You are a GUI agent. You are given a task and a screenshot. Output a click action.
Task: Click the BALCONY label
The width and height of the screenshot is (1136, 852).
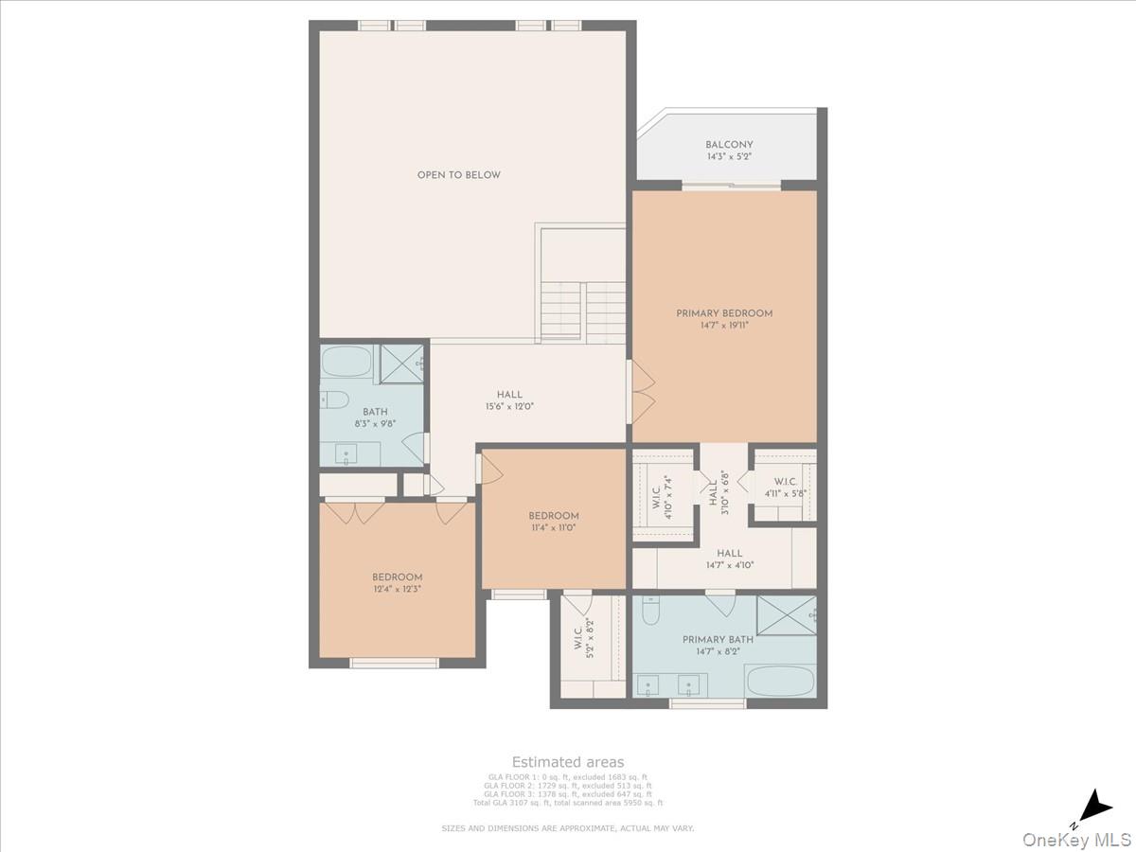tap(729, 145)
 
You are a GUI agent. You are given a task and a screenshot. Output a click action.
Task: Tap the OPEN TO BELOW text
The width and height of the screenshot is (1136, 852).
tap(459, 175)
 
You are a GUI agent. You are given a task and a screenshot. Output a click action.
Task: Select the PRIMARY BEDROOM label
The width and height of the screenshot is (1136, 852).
tap(724, 313)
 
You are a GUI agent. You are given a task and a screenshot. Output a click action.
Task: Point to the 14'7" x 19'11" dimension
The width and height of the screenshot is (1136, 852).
tap(724, 326)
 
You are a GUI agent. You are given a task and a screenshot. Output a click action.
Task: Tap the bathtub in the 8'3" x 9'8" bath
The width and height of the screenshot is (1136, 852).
tap(346, 362)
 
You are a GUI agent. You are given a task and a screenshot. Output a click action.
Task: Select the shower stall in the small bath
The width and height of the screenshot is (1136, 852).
tap(401, 364)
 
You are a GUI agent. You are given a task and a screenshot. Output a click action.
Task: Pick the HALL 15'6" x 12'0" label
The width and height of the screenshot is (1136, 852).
tap(509, 400)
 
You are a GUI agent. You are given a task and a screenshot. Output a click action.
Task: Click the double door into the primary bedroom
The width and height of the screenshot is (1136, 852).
tap(642, 391)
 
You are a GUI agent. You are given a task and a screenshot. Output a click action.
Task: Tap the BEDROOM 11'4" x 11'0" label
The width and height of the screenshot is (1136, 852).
tap(554, 522)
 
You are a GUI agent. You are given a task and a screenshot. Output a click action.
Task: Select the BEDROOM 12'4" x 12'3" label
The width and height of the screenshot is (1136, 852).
tap(397, 582)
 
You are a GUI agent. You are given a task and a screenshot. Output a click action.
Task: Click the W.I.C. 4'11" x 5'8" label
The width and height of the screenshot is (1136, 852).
tap(785, 488)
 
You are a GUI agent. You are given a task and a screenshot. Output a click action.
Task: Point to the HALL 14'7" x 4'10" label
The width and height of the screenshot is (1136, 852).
tap(729, 559)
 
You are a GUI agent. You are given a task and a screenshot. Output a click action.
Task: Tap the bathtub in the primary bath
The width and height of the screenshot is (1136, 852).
tap(779, 681)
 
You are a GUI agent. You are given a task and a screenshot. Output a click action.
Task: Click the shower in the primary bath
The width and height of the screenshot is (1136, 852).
tap(786, 613)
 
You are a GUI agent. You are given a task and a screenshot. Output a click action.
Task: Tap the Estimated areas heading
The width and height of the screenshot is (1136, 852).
tap(568, 762)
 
